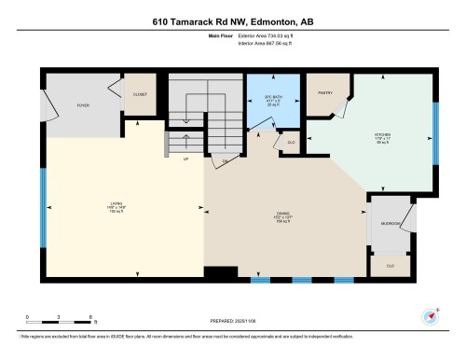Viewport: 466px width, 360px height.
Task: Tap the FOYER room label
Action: (x=82, y=105)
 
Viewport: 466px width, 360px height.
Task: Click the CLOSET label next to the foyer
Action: (x=140, y=94)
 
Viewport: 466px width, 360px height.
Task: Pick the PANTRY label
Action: (x=326, y=94)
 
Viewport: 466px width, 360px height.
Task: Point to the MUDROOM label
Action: (x=391, y=224)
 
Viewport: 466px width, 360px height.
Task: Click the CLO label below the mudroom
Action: (x=390, y=266)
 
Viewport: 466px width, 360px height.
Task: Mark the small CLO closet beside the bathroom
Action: (x=291, y=142)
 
